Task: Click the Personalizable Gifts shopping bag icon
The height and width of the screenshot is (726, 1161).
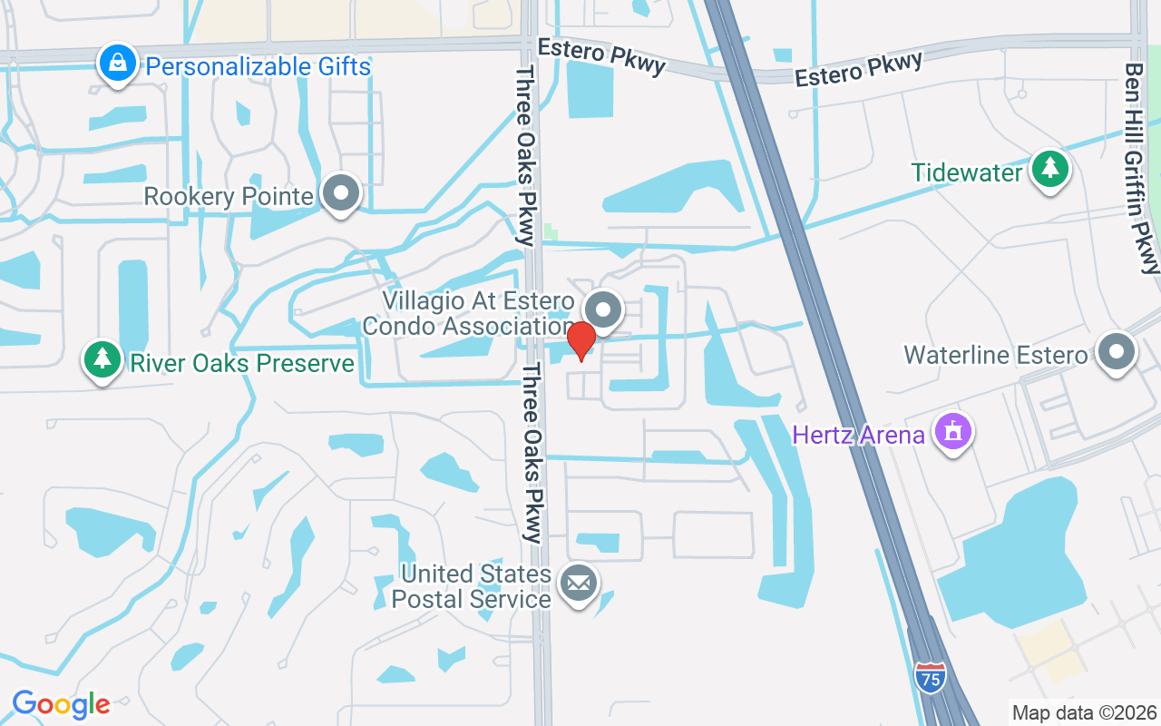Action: pyautogui.click(x=118, y=64)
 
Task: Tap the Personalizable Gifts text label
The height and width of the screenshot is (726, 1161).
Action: pyautogui.click(x=258, y=66)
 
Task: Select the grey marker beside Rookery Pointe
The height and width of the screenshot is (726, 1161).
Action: pyautogui.click(x=342, y=192)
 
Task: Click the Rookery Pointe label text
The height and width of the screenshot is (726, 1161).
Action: pyautogui.click(x=229, y=196)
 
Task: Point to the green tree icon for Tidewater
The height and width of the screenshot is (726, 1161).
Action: pyautogui.click(x=1050, y=168)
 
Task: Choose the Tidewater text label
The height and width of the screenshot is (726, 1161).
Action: pyautogui.click(x=967, y=172)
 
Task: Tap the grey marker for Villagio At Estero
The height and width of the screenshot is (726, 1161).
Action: pyautogui.click(x=602, y=309)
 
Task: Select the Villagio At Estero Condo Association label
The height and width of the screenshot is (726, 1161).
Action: pyautogui.click(x=479, y=313)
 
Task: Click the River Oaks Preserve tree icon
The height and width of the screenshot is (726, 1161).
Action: pyautogui.click(x=102, y=359)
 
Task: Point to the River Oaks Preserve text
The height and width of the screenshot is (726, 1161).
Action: pyautogui.click(x=242, y=363)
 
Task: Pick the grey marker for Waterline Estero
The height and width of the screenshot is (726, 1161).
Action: pyautogui.click(x=1117, y=351)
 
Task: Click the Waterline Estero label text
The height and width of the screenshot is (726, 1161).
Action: pyautogui.click(x=995, y=354)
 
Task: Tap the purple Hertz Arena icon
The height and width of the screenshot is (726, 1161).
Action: pyautogui.click(x=952, y=432)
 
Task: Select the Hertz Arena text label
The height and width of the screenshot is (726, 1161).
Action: pyautogui.click(x=858, y=435)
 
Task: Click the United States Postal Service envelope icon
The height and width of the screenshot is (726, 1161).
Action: pyautogui.click(x=577, y=583)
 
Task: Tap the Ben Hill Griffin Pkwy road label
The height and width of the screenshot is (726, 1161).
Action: pyautogui.click(x=1142, y=168)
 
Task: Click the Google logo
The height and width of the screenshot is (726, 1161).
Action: pyautogui.click(x=61, y=704)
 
